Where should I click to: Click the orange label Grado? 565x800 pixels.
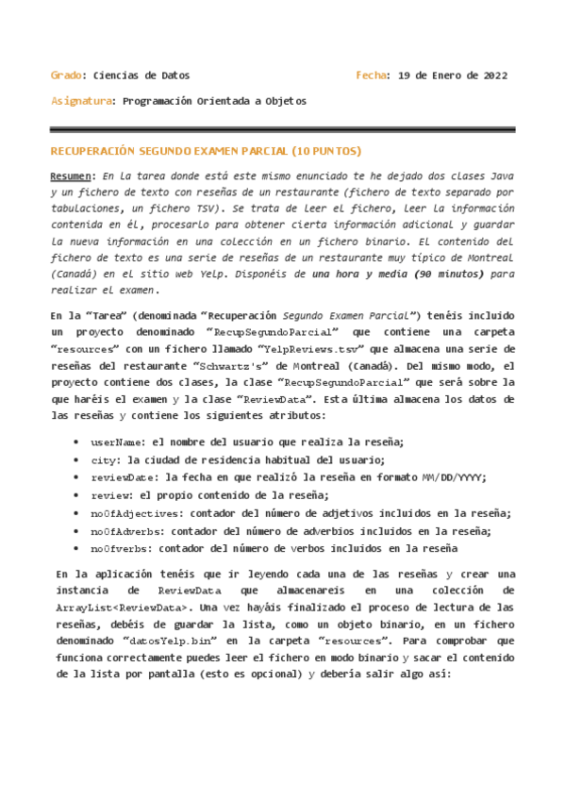click(x=65, y=75)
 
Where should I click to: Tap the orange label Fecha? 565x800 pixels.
click(x=374, y=75)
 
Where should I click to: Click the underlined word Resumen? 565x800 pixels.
click(x=72, y=176)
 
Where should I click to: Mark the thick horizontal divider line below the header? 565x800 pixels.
click(x=282, y=130)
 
